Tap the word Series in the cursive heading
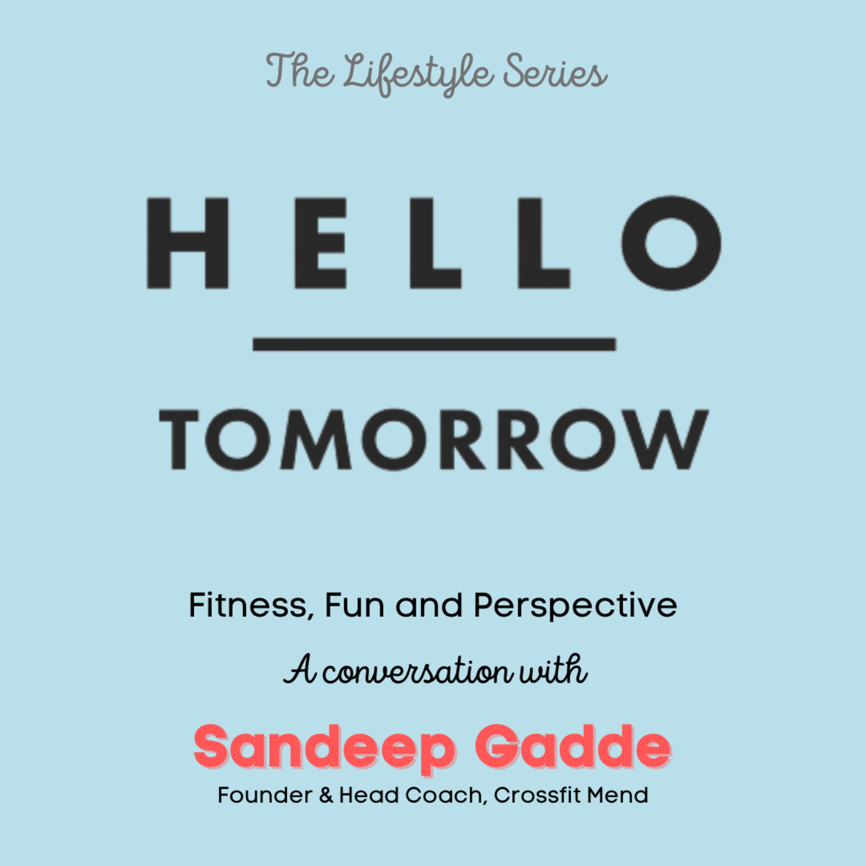[x=555, y=74]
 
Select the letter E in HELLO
[x=320, y=243]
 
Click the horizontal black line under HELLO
[x=434, y=344]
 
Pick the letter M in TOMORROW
[x=316, y=439]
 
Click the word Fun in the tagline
[x=354, y=606]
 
